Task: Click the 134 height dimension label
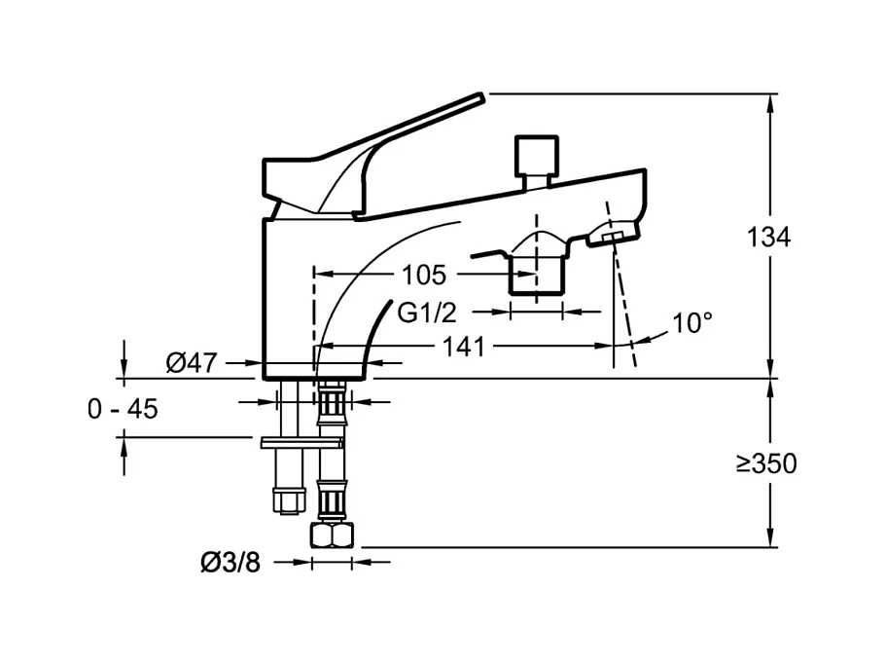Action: point(768,238)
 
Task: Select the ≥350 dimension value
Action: point(766,464)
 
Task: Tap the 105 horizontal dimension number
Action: point(423,276)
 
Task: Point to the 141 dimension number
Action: point(463,347)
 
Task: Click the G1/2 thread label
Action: point(427,313)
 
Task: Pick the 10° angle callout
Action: point(692,323)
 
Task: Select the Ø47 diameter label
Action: point(192,362)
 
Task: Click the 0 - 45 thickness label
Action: point(124,409)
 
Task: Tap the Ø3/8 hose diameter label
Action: point(230,563)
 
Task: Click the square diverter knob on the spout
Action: point(536,156)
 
